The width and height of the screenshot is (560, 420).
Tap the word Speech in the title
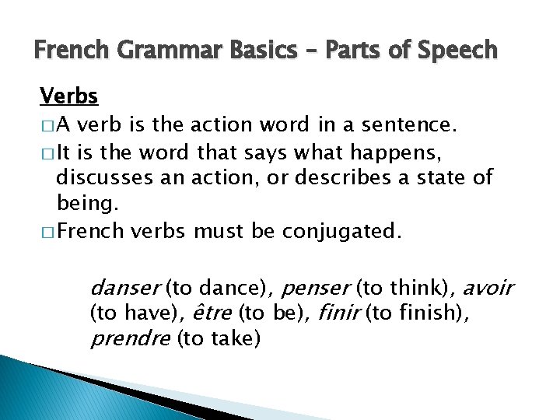pyautogui.click(x=458, y=51)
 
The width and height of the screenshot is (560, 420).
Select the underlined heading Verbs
pyautogui.click(x=69, y=96)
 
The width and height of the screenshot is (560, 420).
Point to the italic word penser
pyautogui.click(x=316, y=289)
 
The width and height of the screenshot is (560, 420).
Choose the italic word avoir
pyautogui.click(x=488, y=289)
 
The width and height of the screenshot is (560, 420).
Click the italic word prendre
pyautogui.click(x=131, y=339)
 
